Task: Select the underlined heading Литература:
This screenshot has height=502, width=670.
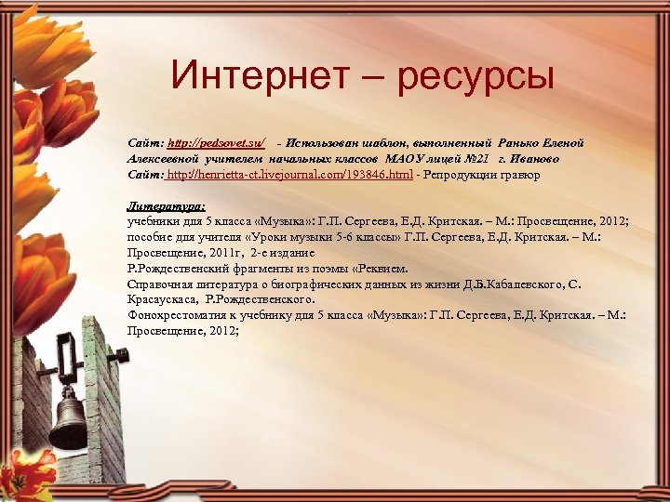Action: click(167, 207)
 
